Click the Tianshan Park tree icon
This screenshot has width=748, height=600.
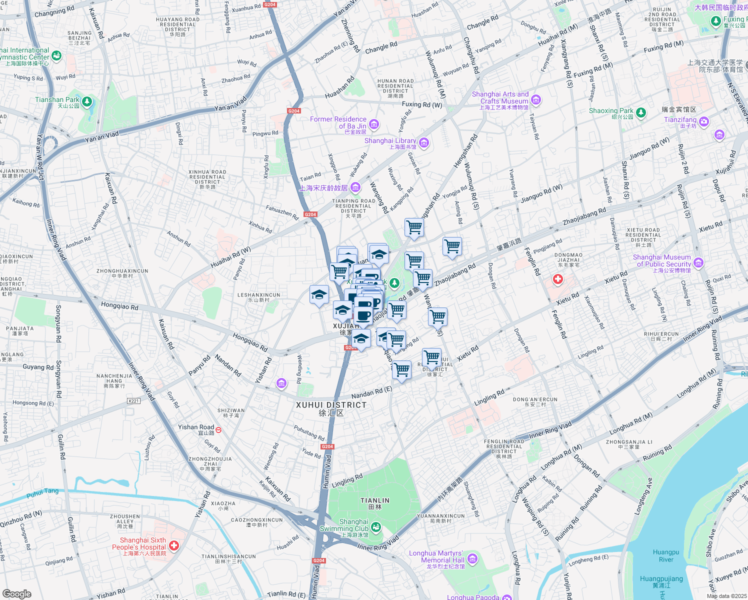(x=87, y=102)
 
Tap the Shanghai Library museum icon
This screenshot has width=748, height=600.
(x=424, y=143)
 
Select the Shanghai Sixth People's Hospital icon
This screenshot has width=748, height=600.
(x=174, y=545)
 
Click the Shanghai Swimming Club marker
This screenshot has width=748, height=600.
(x=376, y=527)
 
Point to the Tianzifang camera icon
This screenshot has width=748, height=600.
(x=704, y=121)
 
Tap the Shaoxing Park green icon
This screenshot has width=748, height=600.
(x=641, y=112)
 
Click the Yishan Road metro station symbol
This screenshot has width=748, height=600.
(x=218, y=429)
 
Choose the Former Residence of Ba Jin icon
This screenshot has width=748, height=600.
(x=373, y=123)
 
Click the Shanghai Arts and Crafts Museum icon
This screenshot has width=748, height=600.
(x=536, y=99)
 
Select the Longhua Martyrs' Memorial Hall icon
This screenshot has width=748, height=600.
(x=472, y=558)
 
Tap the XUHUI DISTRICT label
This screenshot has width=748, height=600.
(x=331, y=405)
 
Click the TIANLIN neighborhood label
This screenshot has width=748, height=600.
(x=374, y=500)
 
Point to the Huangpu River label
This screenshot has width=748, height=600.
(x=665, y=556)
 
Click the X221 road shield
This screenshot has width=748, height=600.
(x=133, y=400)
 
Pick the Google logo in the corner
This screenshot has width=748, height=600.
(x=16, y=593)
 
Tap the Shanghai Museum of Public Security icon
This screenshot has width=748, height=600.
(x=698, y=262)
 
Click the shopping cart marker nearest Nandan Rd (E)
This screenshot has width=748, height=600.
(x=401, y=370)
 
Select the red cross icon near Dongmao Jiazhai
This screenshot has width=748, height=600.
(x=557, y=279)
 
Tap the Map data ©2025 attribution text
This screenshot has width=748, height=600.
(x=726, y=595)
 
